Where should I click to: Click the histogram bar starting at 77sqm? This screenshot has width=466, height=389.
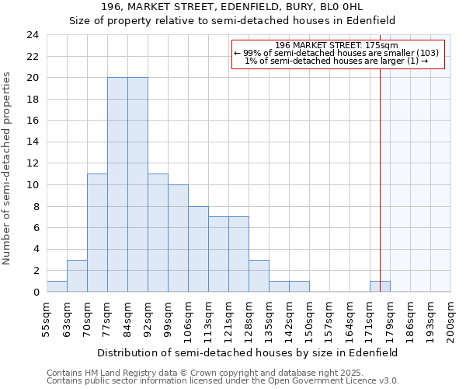coord(117,185)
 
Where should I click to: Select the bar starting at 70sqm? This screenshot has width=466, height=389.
coord(97,233)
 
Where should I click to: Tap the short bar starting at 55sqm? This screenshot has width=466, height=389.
coord(57,286)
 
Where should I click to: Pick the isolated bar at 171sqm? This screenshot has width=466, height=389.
coord(380,286)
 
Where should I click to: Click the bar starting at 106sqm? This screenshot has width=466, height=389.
coord(198,249)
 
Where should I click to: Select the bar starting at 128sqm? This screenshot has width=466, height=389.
coord(259,276)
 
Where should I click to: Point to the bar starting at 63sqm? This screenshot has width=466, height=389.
coord(77,276)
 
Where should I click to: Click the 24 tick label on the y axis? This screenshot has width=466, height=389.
coord(32,35)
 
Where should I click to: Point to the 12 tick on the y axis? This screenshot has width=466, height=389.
coord(32,163)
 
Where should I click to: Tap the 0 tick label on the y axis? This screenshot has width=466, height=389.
coord(36,293)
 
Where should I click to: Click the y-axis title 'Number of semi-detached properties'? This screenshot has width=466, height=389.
coord(7,168)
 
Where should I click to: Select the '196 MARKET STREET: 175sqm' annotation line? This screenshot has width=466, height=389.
coord(336,45)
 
